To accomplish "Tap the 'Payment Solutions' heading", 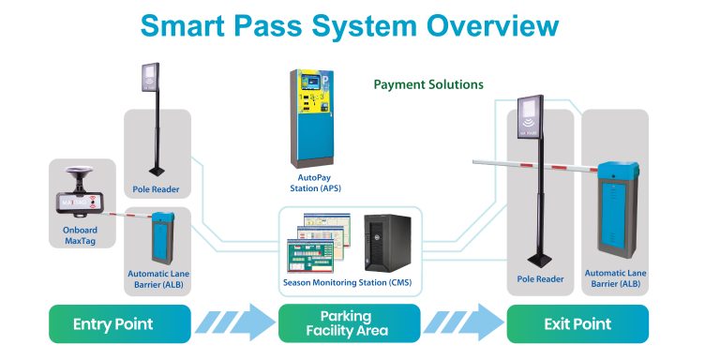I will pos(428,84).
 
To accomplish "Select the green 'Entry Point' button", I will pos(112,324).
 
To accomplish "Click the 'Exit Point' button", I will pos(577,324).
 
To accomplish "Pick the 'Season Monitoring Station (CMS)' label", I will pos(346,282).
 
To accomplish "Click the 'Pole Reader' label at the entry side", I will pos(157,189).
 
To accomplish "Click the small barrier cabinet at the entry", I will pos(164,238).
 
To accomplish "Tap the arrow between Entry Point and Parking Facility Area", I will pos(234,324).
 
